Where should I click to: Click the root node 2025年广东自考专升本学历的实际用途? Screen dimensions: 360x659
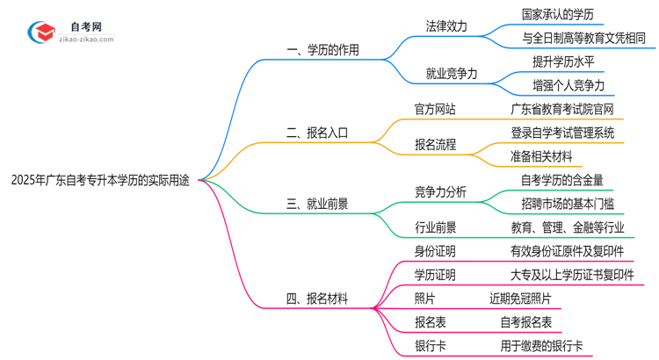click(99, 180)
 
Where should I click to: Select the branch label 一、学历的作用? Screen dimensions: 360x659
click(323, 50)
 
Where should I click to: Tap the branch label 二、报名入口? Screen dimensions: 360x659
click(317, 133)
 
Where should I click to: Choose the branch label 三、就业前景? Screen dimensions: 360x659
click(317, 204)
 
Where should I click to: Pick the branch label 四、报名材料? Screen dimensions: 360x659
click(317, 299)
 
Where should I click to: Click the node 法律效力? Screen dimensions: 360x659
click(446, 26)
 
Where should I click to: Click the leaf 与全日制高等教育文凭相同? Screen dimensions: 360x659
click(583, 39)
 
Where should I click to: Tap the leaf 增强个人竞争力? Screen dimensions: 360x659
click(568, 86)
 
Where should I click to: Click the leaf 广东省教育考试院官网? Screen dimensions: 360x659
click(562, 110)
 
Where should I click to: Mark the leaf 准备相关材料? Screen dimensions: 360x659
click(541, 156)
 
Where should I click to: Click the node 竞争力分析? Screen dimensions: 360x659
click(441, 192)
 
